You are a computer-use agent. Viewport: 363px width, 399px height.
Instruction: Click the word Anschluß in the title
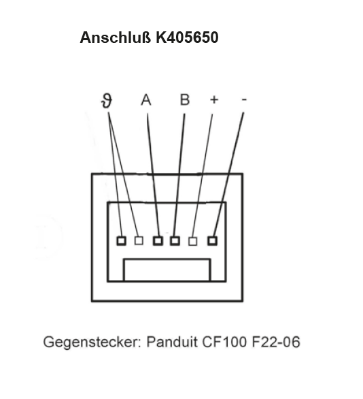116,37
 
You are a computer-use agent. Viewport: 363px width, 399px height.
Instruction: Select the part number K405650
187,37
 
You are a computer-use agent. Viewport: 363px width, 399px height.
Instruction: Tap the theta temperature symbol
107,101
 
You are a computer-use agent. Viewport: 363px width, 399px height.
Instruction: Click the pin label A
146,99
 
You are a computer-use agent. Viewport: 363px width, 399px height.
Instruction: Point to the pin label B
185,99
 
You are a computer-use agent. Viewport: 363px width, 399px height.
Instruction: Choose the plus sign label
214,99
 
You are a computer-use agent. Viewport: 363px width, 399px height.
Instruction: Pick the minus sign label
244,99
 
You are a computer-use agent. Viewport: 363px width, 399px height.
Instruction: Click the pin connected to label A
158,240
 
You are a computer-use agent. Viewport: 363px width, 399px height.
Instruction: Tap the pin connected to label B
175,240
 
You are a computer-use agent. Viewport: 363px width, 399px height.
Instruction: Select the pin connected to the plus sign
192,241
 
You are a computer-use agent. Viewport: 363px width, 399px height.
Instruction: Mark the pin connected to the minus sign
212,240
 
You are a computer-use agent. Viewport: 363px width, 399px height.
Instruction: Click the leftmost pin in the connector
121,241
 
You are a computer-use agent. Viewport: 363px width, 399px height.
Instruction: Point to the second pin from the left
139,240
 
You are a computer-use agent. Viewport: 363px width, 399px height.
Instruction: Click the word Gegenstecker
92,342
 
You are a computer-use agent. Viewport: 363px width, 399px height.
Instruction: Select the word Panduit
173,341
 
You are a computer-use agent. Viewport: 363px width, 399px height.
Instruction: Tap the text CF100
224,342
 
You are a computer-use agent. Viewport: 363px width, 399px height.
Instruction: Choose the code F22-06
276,342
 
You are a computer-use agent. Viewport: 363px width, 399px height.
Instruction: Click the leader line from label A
153,174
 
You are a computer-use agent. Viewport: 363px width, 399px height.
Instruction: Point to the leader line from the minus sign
228,174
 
